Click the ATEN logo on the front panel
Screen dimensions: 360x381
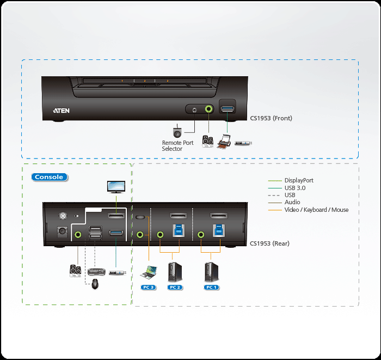point(61,110)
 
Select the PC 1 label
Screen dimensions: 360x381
point(211,286)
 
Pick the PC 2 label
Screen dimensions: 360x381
point(174,286)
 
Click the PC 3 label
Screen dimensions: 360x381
point(148,286)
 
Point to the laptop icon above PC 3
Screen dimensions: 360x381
point(148,271)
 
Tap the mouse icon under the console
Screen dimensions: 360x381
point(95,283)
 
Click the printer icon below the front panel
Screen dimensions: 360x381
point(224,143)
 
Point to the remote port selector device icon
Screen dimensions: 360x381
point(177,132)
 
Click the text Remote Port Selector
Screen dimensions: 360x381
point(177,146)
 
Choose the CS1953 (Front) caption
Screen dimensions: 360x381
point(271,118)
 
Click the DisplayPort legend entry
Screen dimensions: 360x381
point(299,180)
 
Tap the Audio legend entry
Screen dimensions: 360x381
point(292,202)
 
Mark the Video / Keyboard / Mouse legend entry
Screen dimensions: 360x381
point(316,210)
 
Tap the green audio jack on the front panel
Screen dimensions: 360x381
point(209,109)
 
